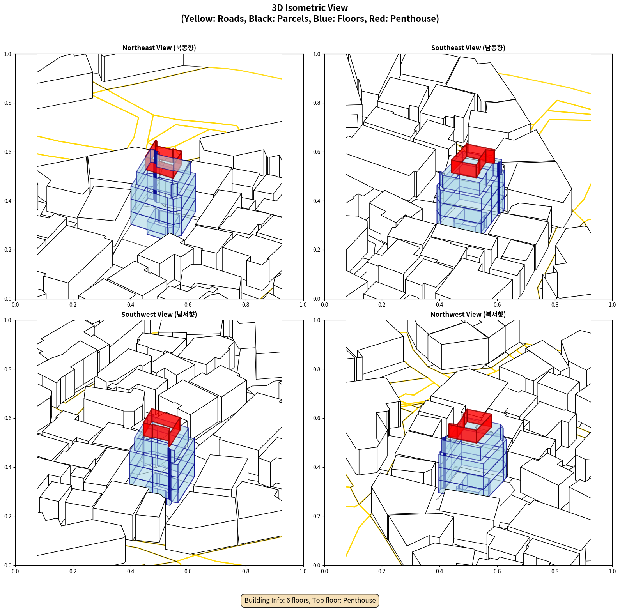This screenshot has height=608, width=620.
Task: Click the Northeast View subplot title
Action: pyautogui.click(x=159, y=48)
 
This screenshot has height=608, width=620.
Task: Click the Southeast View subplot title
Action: pyautogui.click(x=468, y=48)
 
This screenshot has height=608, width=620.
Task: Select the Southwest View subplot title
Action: pyautogui.click(x=159, y=315)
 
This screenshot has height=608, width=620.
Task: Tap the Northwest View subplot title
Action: pyautogui.click(x=468, y=315)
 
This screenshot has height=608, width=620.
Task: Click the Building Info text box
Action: pyautogui.click(x=310, y=600)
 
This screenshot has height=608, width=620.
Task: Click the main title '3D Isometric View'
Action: pyautogui.click(x=310, y=8)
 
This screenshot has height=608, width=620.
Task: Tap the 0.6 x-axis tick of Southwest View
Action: pyautogui.click(x=188, y=571)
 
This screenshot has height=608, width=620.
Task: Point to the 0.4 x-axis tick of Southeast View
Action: pyautogui.click(x=439, y=305)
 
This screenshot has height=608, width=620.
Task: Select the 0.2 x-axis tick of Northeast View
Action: pyautogui.click(x=73, y=305)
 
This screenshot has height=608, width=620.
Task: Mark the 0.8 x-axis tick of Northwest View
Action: pyautogui.click(x=555, y=571)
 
